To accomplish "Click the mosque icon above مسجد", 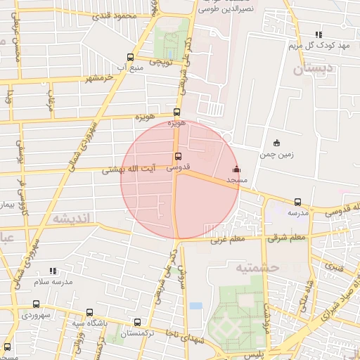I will pos(236,169).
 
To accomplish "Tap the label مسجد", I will pos(237,181).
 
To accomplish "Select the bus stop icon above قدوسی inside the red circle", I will pos(176,157).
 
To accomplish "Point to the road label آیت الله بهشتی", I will pos(134,169).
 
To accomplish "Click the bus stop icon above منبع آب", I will pos(129,57).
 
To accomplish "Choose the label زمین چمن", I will pos(276,154).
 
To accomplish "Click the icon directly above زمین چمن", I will pos(276,143).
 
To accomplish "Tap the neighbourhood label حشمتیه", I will pos(257,267).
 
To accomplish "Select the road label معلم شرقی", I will pos(287,238).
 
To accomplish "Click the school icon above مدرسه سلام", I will pos(53,271).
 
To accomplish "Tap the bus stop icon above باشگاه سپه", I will pos(89,312).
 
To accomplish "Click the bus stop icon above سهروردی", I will pos(36,304).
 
